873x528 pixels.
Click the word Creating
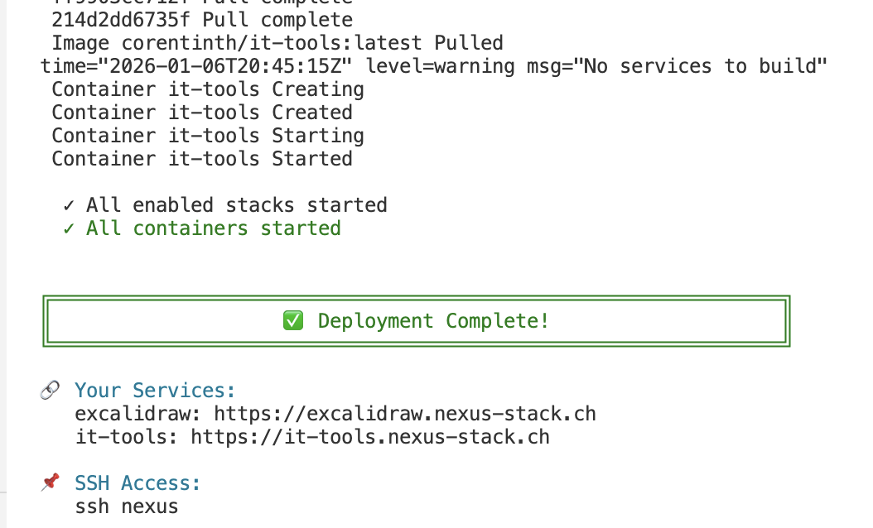coord(317,89)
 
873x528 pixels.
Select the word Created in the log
coord(311,113)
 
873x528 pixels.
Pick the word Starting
coord(317,136)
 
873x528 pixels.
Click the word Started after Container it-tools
coord(311,159)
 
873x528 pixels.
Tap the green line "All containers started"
coord(213,228)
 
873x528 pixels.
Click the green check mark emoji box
coord(293,321)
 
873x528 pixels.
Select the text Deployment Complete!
coord(433,321)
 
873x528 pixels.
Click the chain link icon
coord(50,391)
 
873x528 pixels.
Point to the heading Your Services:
coord(155,391)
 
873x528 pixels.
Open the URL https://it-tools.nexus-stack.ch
coord(369,437)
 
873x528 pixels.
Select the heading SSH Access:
coord(137,483)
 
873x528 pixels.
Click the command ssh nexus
coord(126,506)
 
